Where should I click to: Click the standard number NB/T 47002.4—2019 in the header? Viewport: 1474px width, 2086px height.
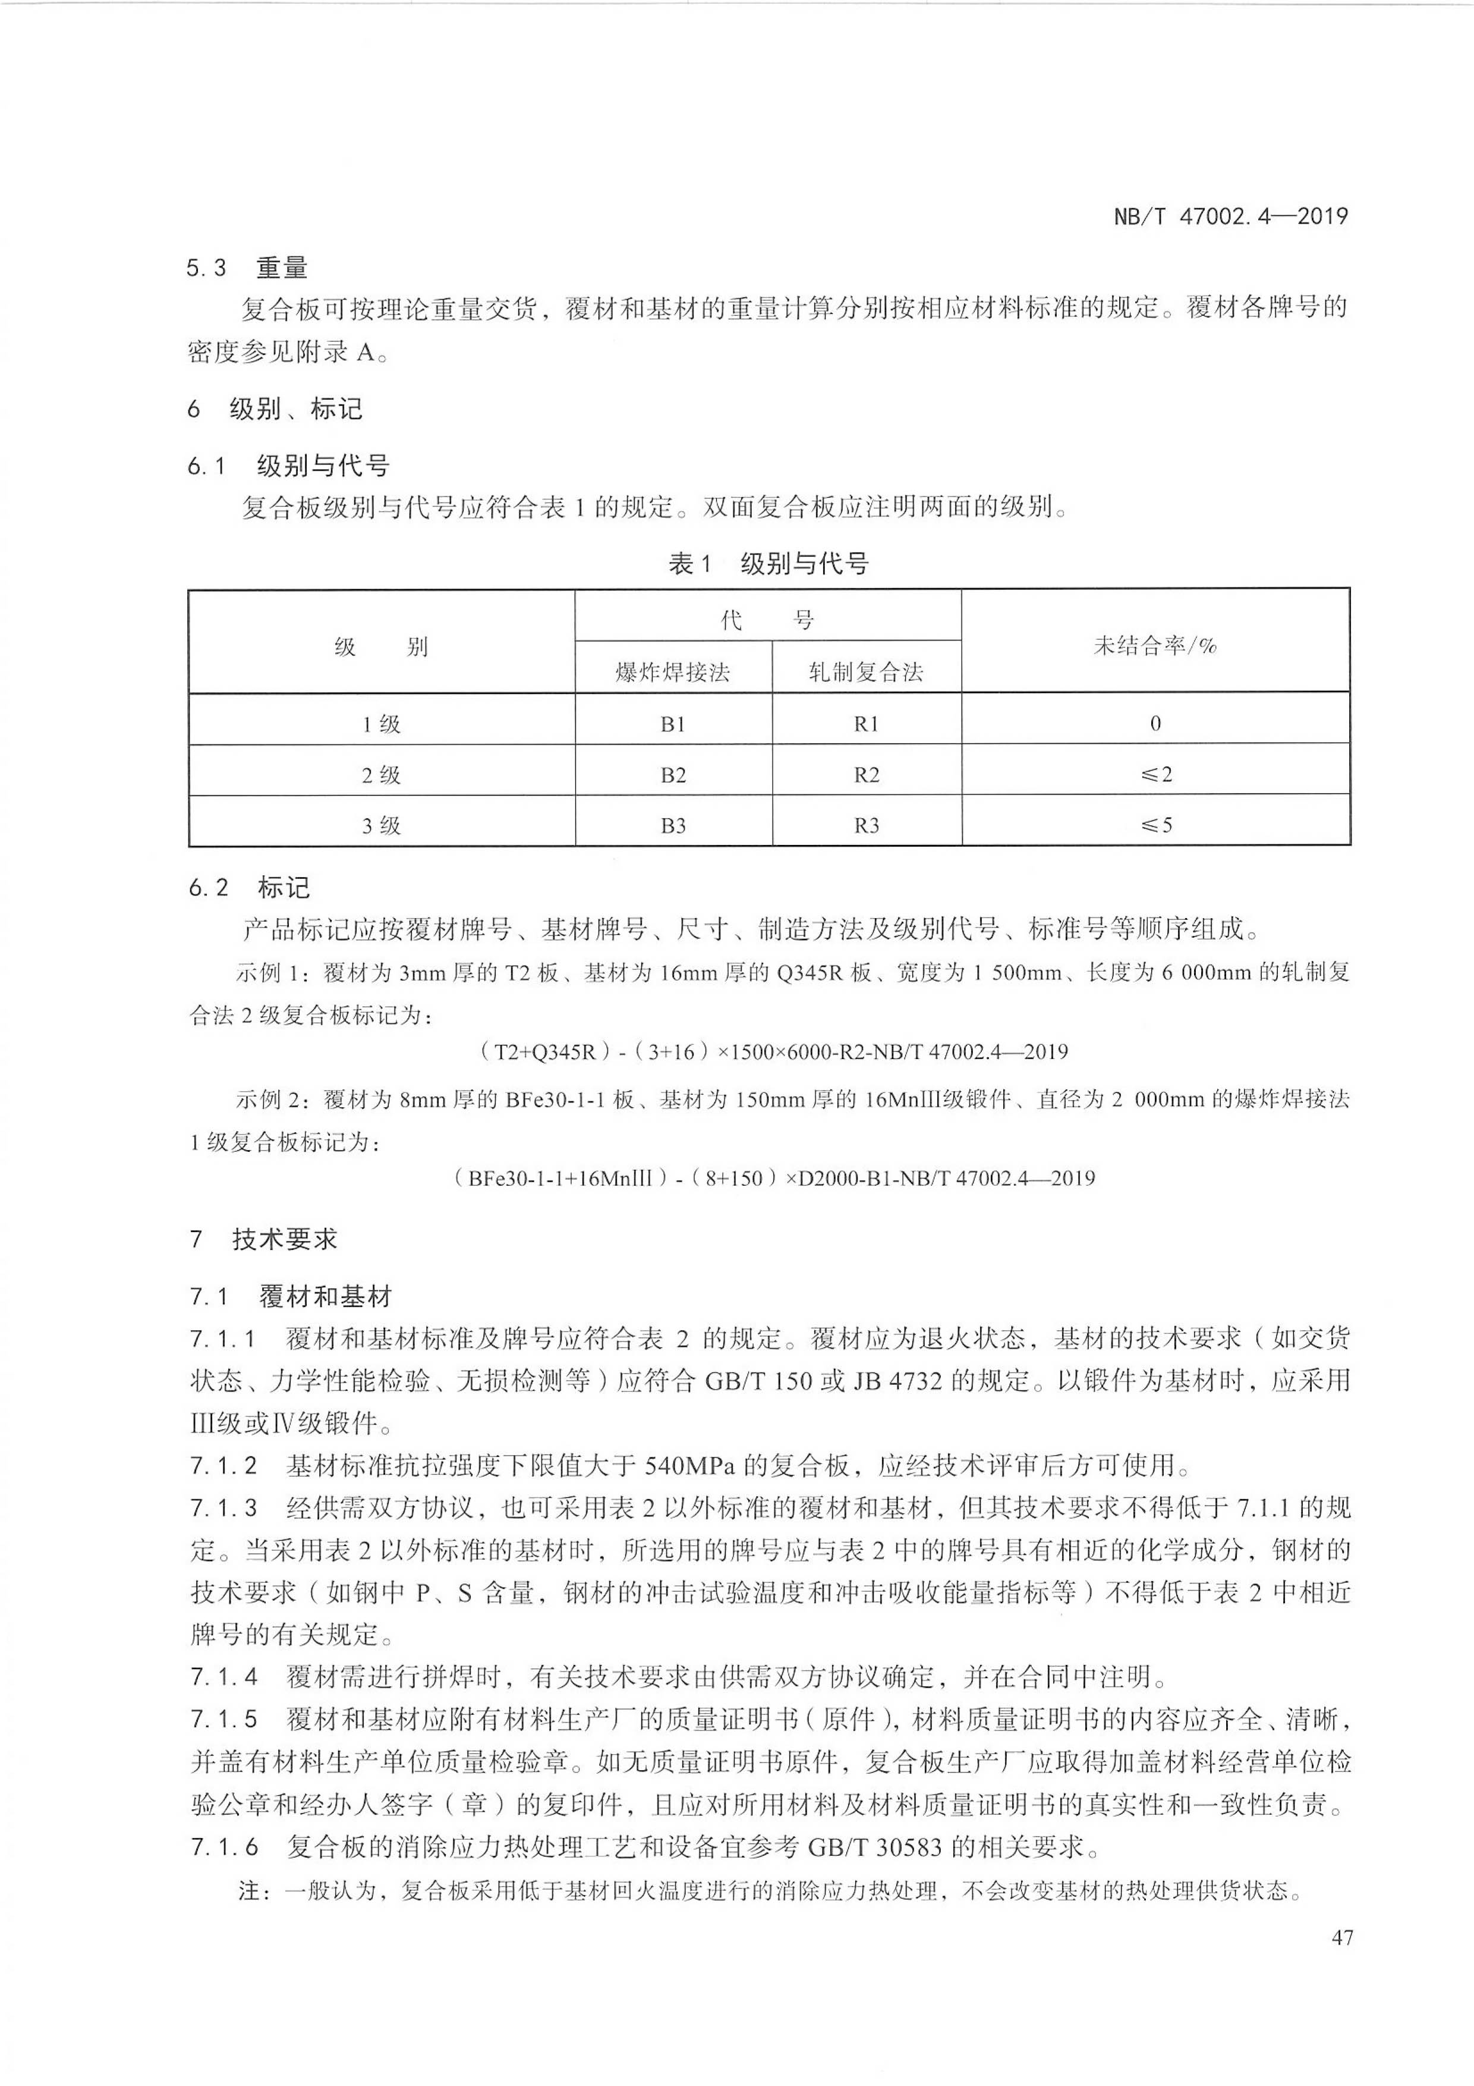point(1230,216)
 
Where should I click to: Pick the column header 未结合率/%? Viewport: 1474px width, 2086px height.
point(1154,645)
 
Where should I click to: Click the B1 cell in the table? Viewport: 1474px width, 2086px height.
point(672,724)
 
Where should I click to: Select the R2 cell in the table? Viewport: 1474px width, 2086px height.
point(867,775)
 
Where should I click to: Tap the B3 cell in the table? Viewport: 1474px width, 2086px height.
point(672,826)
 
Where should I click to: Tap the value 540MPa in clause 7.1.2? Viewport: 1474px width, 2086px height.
point(689,1465)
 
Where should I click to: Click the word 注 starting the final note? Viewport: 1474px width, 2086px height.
point(250,1892)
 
